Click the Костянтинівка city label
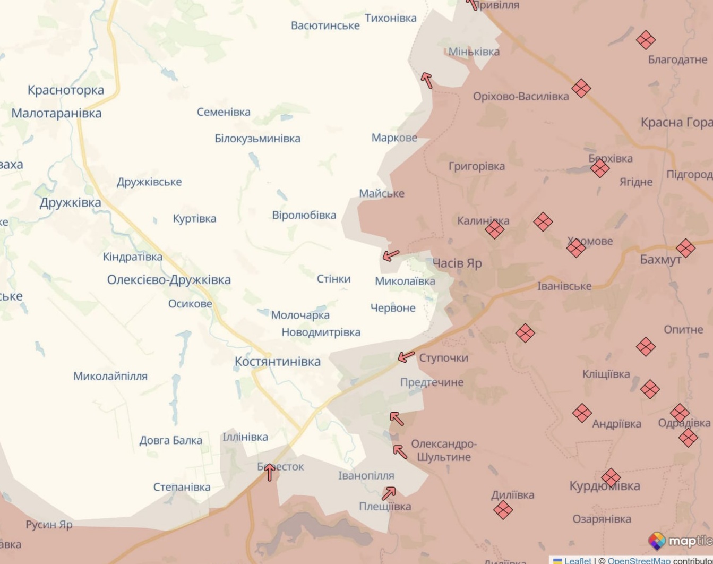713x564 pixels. [278, 362]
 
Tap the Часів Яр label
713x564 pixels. [457, 263]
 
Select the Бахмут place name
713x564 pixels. [660, 260]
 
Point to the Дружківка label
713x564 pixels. [70, 203]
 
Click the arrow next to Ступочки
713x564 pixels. [406, 357]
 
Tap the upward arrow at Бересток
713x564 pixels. [270, 472]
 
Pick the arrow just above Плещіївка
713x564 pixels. [389, 493]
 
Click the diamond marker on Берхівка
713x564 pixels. [600, 168]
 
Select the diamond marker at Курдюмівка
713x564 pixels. [611, 477]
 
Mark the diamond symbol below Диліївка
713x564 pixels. [503, 510]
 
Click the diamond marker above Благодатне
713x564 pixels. [646, 40]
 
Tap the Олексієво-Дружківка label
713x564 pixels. [169, 280]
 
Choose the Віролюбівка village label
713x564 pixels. [304, 216]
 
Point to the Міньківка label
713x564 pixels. [474, 52]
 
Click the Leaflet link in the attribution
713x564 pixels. [578, 560]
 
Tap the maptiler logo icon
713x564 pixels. [657, 541]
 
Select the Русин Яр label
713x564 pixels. [49, 525]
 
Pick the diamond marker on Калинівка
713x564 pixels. [495, 229]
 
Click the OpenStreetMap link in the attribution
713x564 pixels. [639, 560]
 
